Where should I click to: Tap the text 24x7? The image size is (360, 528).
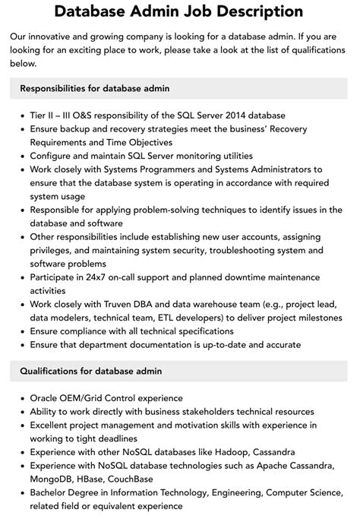[99, 277]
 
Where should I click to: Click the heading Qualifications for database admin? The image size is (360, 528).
[91, 371]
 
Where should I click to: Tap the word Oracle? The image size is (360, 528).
[46, 397]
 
